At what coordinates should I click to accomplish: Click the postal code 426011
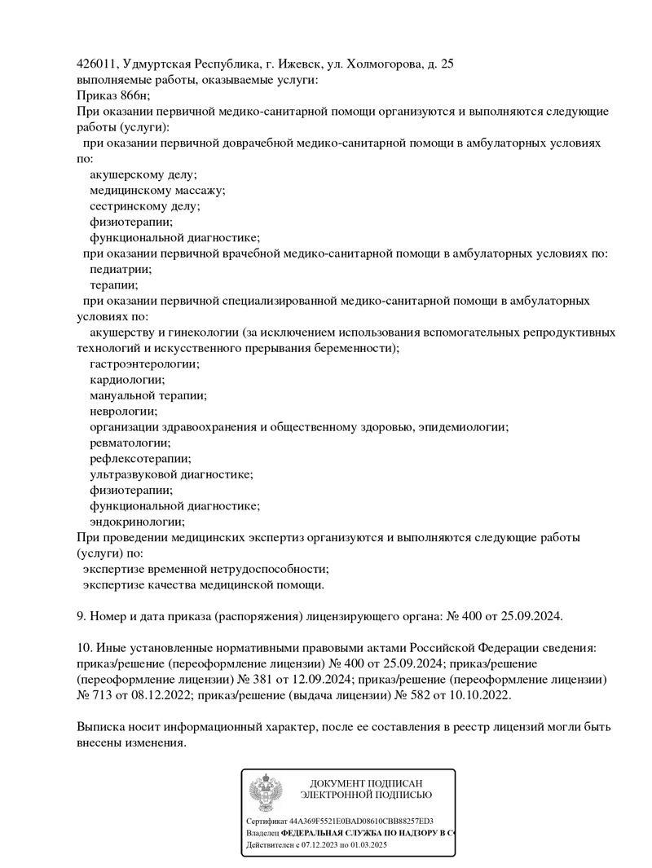pyautogui.click(x=97, y=64)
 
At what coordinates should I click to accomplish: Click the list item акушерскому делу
pyautogui.click(x=143, y=174)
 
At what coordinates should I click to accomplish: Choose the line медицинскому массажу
pyautogui.click(x=157, y=190)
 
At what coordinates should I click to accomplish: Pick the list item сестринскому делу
pyautogui.click(x=144, y=206)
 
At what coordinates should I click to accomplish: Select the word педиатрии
pyautogui.click(x=121, y=269)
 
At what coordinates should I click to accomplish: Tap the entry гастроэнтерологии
pyautogui.click(x=144, y=364)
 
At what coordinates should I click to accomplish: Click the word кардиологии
pyautogui.click(x=127, y=380)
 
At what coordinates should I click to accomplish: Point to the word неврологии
pyautogui.click(x=123, y=412)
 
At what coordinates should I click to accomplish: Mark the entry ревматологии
pyautogui.click(x=130, y=443)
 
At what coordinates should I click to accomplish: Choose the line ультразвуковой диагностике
pyautogui.click(x=171, y=474)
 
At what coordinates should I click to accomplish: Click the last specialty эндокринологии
pyautogui.click(x=137, y=522)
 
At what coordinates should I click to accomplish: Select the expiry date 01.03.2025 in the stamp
pyautogui.click(x=368, y=846)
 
